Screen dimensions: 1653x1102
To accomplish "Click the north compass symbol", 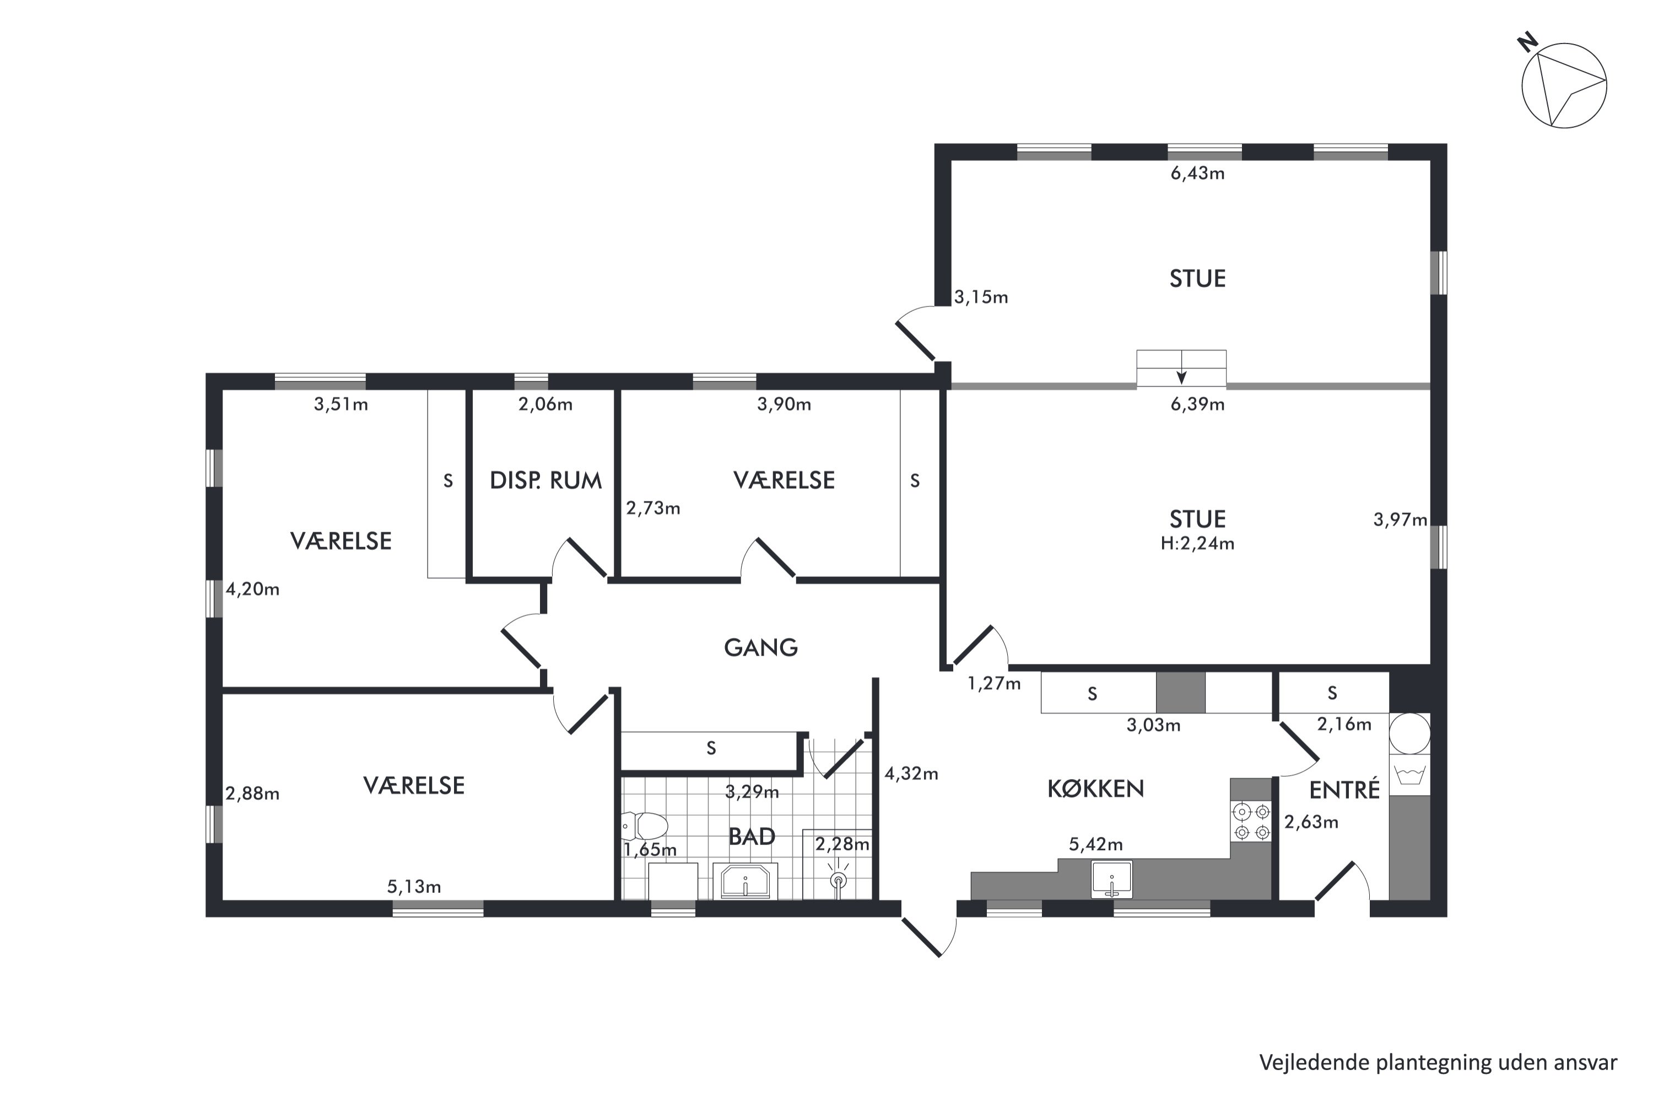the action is click(1564, 85).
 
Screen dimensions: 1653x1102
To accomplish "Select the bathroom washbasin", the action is click(745, 881).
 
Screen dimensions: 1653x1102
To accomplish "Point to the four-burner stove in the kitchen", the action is click(1252, 822).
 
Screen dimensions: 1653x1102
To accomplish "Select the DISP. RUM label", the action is click(545, 480).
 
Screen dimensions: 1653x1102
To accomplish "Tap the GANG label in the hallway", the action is click(761, 647).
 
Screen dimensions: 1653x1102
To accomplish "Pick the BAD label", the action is click(752, 836).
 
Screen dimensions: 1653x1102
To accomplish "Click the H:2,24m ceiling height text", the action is click(1197, 543).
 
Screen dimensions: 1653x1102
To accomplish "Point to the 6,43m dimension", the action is click(1197, 173).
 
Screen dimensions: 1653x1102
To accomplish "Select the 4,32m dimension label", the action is click(911, 774).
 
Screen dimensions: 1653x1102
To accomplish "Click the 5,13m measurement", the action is click(414, 887).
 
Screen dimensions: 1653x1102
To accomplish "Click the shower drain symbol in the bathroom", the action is click(838, 880).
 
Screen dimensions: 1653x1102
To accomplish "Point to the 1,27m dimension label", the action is click(994, 683).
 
